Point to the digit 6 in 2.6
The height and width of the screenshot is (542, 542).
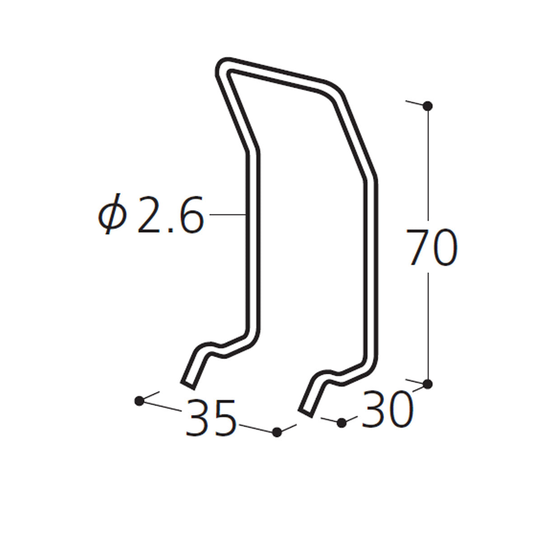tap(191, 215)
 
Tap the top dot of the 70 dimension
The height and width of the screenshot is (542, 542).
tap(428, 106)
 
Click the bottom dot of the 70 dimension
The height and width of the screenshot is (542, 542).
tap(428, 384)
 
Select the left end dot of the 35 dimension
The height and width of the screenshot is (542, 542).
tap(139, 401)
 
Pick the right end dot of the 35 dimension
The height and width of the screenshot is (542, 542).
tap(277, 432)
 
